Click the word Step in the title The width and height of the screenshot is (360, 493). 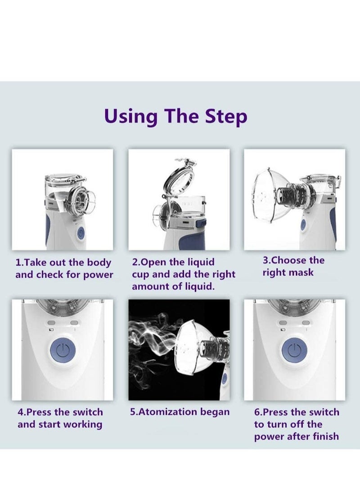(x=226, y=117)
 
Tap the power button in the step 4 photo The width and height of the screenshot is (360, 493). (x=63, y=350)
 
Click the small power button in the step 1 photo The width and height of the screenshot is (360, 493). (x=81, y=234)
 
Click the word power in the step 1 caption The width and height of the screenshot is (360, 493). (x=98, y=275)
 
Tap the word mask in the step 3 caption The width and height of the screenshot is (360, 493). (x=301, y=272)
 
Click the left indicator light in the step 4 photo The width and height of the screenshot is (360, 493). (x=51, y=323)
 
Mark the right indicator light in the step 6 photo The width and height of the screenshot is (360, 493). (x=305, y=323)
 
